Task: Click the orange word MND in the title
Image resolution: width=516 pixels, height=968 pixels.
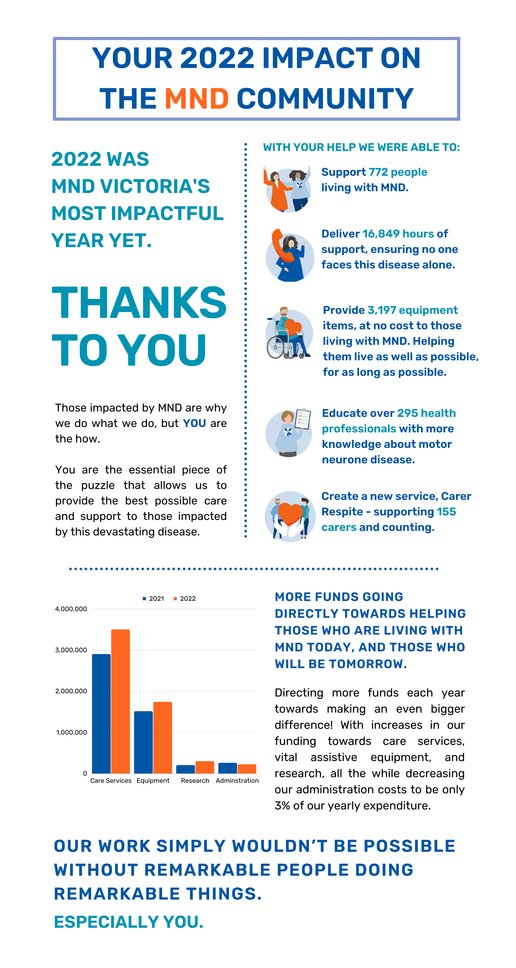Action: pyautogui.click(x=197, y=99)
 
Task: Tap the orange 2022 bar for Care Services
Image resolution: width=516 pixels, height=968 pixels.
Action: pyautogui.click(x=121, y=701)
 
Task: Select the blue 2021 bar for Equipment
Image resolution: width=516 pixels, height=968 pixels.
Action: pyautogui.click(x=143, y=742)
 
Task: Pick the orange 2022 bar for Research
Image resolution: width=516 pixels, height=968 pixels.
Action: pyautogui.click(x=205, y=767)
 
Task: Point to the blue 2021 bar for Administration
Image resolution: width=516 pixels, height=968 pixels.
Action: pyautogui.click(x=228, y=768)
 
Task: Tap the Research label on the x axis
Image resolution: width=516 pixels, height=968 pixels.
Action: pyautogui.click(x=195, y=780)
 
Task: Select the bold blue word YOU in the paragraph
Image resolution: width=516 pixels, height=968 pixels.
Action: pyautogui.click(x=195, y=423)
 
